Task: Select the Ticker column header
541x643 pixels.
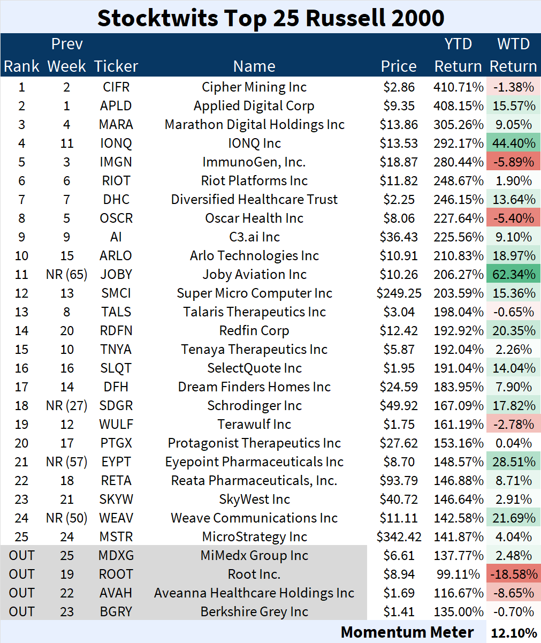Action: [x=116, y=66]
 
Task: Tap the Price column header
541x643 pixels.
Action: [x=399, y=66]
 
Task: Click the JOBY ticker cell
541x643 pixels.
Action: [x=116, y=275]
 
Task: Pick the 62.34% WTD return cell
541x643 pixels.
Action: [x=513, y=275]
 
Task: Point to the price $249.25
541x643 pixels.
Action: [x=399, y=293]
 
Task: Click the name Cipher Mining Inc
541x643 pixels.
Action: [x=254, y=87]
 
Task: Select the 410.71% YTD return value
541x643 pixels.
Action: [x=458, y=87]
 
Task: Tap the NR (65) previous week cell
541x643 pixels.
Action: [x=66, y=275]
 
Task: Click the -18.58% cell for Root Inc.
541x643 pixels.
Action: [x=513, y=574]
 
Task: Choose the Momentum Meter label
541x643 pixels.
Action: [x=407, y=632]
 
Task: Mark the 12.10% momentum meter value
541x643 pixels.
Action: [x=513, y=633]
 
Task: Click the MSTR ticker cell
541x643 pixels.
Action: [x=116, y=537]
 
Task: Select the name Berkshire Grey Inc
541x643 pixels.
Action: [x=254, y=612]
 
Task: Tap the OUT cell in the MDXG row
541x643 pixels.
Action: [x=21, y=556]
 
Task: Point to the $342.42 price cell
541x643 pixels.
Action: [x=399, y=537]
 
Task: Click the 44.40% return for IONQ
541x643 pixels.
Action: [x=513, y=143]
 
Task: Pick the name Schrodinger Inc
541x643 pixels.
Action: [x=254, y=406]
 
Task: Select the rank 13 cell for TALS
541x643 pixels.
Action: [x=21, y=312]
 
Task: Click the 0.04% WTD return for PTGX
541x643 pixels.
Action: [x=513, y=443]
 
